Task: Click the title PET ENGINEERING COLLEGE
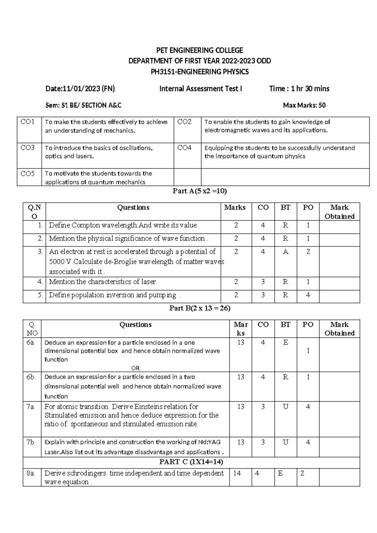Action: click(x=200, y=50)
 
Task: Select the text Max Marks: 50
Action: click(x=304, y=105)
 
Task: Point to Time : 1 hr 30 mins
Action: click(x=299, y=89)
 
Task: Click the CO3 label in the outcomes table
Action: click(x=28, y=148)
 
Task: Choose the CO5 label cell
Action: click(x=28, y=173)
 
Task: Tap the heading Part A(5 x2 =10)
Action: click(x=200, y=191)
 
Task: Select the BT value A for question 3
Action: click(x=285, y=252)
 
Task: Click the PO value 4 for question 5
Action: click(x=308, y=295)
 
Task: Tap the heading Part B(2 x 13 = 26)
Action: click(x=200, y=308)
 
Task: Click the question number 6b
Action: click(x=30, y=377)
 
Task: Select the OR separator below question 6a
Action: click(x=135, y=368)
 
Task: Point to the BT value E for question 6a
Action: click(x=285, y=342)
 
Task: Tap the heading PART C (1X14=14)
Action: click(x=191, y=462)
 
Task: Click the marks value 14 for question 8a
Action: click(x=237, y=473)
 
